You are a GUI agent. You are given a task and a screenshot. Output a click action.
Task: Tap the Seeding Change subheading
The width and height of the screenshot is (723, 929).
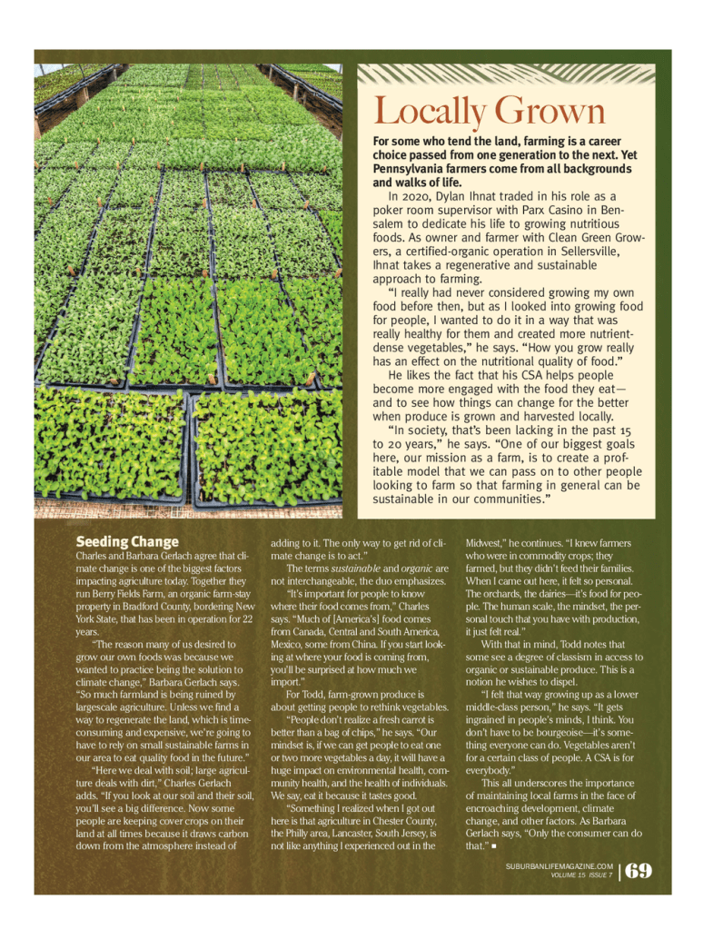[x=127, y=542]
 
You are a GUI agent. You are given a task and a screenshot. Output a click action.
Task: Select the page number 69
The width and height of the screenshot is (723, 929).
[x=638, y=871]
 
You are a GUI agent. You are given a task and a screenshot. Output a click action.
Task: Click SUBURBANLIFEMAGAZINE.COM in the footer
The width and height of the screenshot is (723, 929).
[x=560, y=866]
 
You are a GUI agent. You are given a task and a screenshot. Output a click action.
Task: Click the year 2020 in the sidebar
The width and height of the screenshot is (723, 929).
[x=405, y=195]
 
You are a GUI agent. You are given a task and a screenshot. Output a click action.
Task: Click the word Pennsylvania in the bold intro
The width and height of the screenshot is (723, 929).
[x=414, y=169]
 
